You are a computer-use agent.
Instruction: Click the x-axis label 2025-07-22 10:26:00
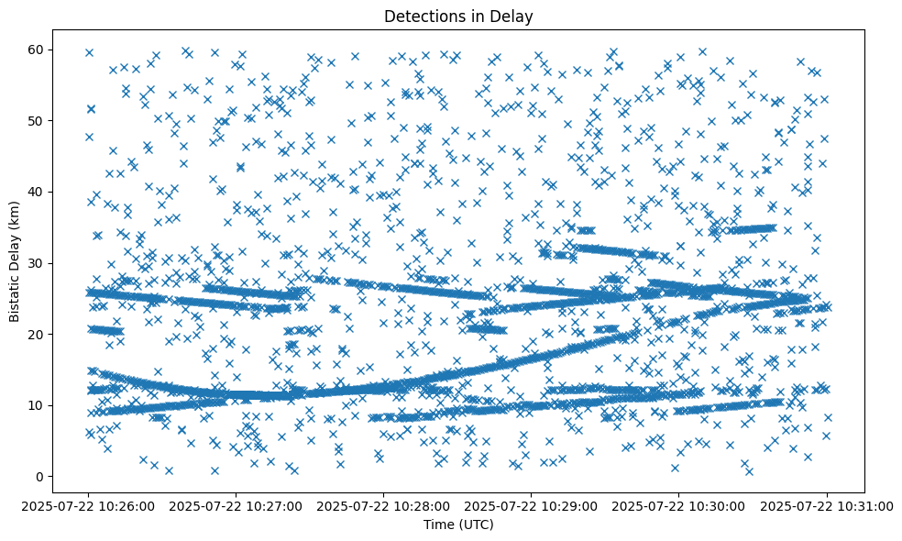pos(89,505)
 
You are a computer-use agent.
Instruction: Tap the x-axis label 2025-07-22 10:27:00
pos(236,505)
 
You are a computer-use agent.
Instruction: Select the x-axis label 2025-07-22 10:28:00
pos(384,505)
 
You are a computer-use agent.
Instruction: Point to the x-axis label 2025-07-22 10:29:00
pos(532,505)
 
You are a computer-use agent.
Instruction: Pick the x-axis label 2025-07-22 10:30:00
pos(679,505)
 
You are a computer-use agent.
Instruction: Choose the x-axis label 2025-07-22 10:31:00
pos(827,505)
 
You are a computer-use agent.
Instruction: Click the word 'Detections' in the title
pos(420,16)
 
